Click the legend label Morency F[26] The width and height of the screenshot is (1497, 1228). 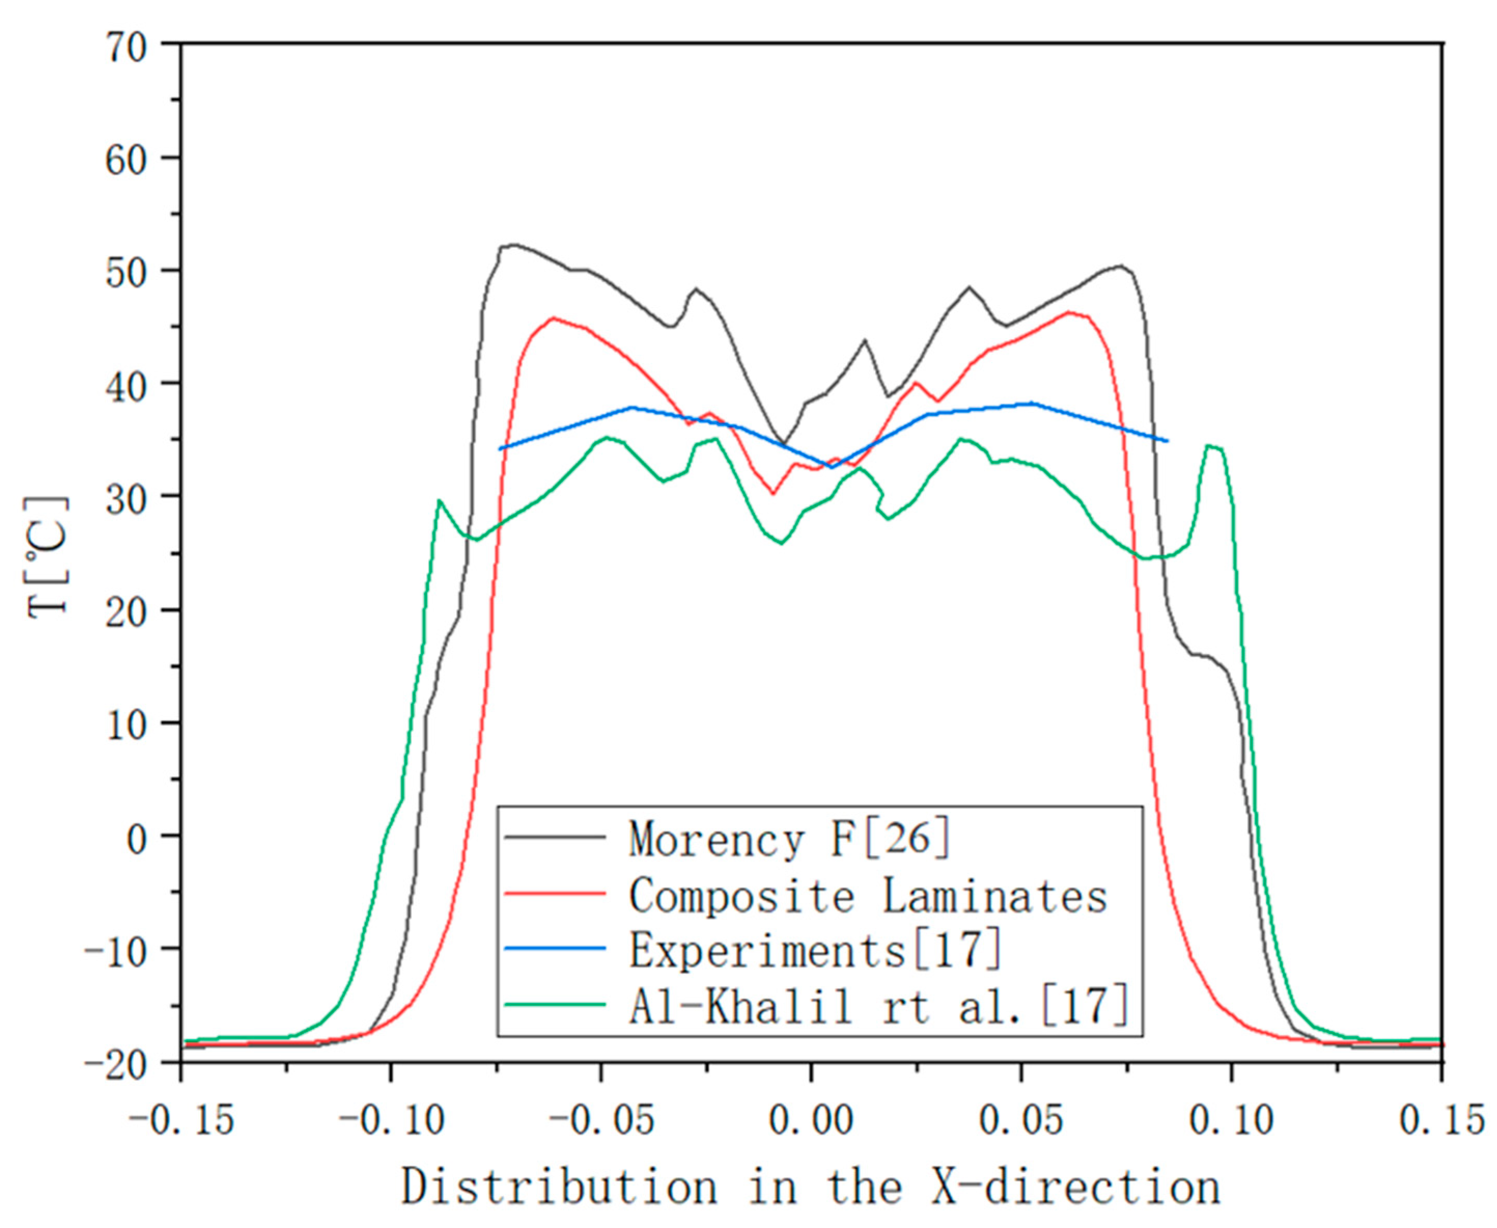tap(790, 840)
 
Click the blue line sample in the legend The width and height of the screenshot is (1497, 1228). tap(555, 948)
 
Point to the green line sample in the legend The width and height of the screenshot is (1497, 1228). tap(555, 1004)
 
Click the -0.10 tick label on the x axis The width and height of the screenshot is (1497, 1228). tap(391, 1121)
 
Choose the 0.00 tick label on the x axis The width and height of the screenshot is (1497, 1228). tap(811, 1121)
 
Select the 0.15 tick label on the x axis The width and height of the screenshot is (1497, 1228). tap(1443, 1121)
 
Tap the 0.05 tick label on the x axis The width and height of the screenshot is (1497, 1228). tap(1021, 1121)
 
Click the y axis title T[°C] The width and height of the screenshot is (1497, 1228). tap(48, 557)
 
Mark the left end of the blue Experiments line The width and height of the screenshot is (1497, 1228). tap(500, 449)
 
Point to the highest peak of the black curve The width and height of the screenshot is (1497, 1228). tap(514, 245)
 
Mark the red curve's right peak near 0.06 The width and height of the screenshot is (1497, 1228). tap(1069, 312)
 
